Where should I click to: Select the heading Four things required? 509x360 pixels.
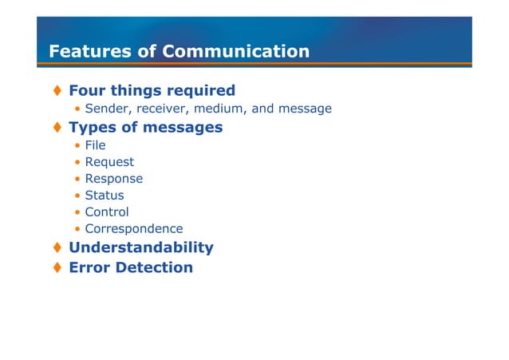(x=152, y=90)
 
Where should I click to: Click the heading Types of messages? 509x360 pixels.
(x=145, y=127)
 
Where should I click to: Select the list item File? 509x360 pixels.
(x=95, y=145)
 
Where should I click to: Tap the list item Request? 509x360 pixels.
(x=109, y=162)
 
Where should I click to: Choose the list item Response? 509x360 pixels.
(x=114, y=179)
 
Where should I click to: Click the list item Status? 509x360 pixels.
(x=105, y=196)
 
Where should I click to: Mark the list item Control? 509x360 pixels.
(x=107, y=212)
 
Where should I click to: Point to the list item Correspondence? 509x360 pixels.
(x=133, y=229)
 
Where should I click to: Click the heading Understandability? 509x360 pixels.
(x=140, y=247)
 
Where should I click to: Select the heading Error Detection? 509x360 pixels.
(x=131, y=267)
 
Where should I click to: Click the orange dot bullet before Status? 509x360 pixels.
(x=77, y=196)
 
